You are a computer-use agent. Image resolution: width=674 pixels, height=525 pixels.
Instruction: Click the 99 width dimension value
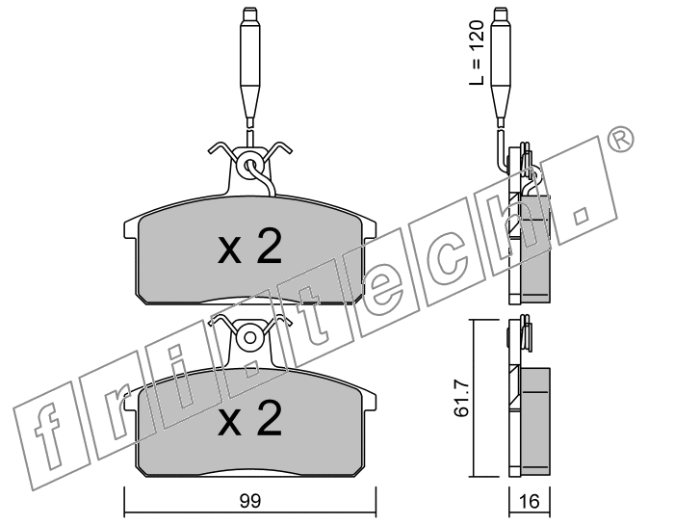click(x=250, y=501)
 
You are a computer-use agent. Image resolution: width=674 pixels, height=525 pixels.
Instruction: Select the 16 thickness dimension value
click(x=530, y=501)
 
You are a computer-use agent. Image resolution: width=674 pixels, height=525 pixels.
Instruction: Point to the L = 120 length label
click(x=477, y=52)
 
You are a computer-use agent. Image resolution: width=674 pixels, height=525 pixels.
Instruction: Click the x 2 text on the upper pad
click(x=250, y=247)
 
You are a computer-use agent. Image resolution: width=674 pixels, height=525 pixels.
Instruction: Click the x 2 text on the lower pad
click(x=250, y=419)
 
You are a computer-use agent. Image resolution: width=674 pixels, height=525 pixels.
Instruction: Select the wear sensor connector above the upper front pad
click(x=249, y=67)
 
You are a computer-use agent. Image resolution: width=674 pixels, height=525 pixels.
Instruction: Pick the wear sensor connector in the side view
click(x=502, y=67)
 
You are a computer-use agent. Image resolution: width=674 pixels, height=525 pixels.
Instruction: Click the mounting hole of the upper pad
click(x=249, y=165)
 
